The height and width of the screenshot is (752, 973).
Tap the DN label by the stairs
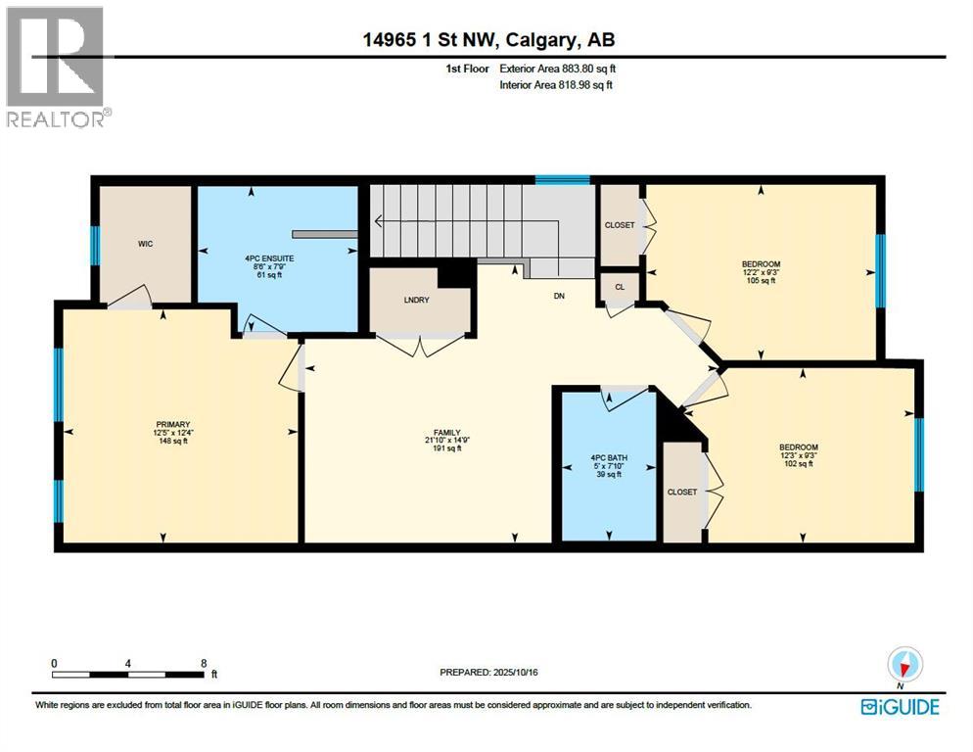pyautogui.click(x=559, y=295)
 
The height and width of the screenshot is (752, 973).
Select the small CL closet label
pyautogui.click(x=619, y=287)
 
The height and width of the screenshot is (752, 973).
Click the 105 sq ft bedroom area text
pyautogui.click(x=760, y=281)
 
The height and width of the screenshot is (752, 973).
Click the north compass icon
pyautogui.click(x=905, y=665)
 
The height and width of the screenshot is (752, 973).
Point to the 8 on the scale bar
pyautogui.click(x=204, y=663)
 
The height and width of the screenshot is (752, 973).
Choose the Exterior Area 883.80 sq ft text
pyautogui.click(x=558, y=69)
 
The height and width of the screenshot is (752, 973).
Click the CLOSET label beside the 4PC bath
pyautogui.click(x=681, y=492)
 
